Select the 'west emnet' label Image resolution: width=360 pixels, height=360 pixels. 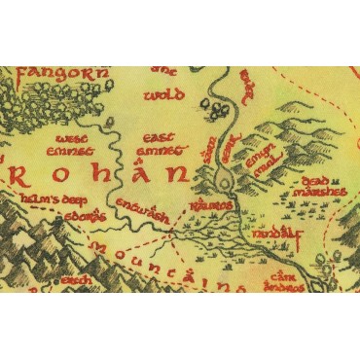(x=68, y=145)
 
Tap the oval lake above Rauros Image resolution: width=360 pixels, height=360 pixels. (x=224, y=178)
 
